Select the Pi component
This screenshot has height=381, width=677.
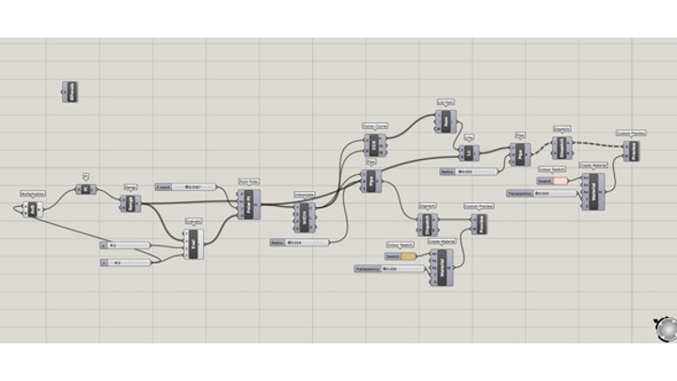coord(84,188)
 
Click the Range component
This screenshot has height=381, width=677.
coord(130,201)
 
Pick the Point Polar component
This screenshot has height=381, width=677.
coord(248,201)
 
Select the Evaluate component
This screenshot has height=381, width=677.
coord(194,244)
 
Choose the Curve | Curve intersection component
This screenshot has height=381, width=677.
coord(374,146)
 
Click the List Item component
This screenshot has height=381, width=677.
coord(446,120)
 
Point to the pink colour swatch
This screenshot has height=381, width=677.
coord(559,180)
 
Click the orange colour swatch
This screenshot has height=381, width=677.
coord(408,256)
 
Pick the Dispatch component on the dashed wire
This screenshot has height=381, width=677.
coord(562,147)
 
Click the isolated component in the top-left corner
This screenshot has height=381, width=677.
coord(71,91)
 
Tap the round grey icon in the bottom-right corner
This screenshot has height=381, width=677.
coord(665,329)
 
